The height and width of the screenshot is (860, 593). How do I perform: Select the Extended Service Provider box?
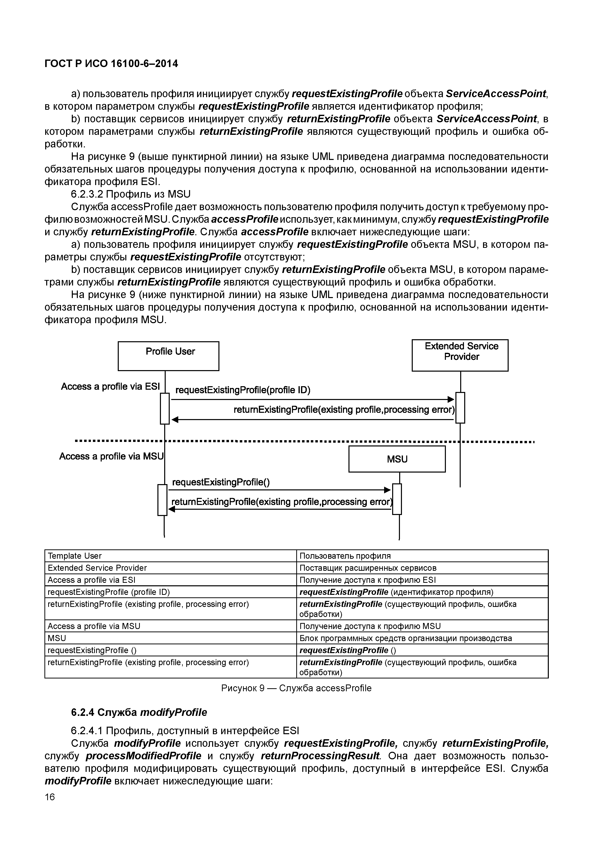pos(460,355)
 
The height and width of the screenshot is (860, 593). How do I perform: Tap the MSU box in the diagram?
pos(397,459)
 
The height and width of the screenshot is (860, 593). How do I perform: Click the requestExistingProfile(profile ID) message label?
pos(243,390)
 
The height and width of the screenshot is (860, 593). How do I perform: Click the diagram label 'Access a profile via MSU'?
pos(111,456)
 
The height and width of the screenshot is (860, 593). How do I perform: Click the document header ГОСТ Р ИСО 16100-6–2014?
pos(111,64)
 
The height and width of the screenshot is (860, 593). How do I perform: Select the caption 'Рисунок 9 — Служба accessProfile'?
pos(296,688)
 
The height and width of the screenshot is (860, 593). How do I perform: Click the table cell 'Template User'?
pos(75,556)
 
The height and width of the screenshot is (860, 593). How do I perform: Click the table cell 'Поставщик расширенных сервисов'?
pos(368,568)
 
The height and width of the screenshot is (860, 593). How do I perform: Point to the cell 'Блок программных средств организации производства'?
pos(405,638)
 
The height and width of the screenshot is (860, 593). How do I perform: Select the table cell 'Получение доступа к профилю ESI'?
pos(368,580)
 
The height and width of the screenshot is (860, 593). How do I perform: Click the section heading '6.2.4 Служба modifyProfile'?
pos(139,712)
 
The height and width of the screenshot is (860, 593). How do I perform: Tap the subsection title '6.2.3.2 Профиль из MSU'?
pos(130,194)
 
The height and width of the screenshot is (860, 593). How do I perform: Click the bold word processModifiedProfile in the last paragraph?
pos(143,756)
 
